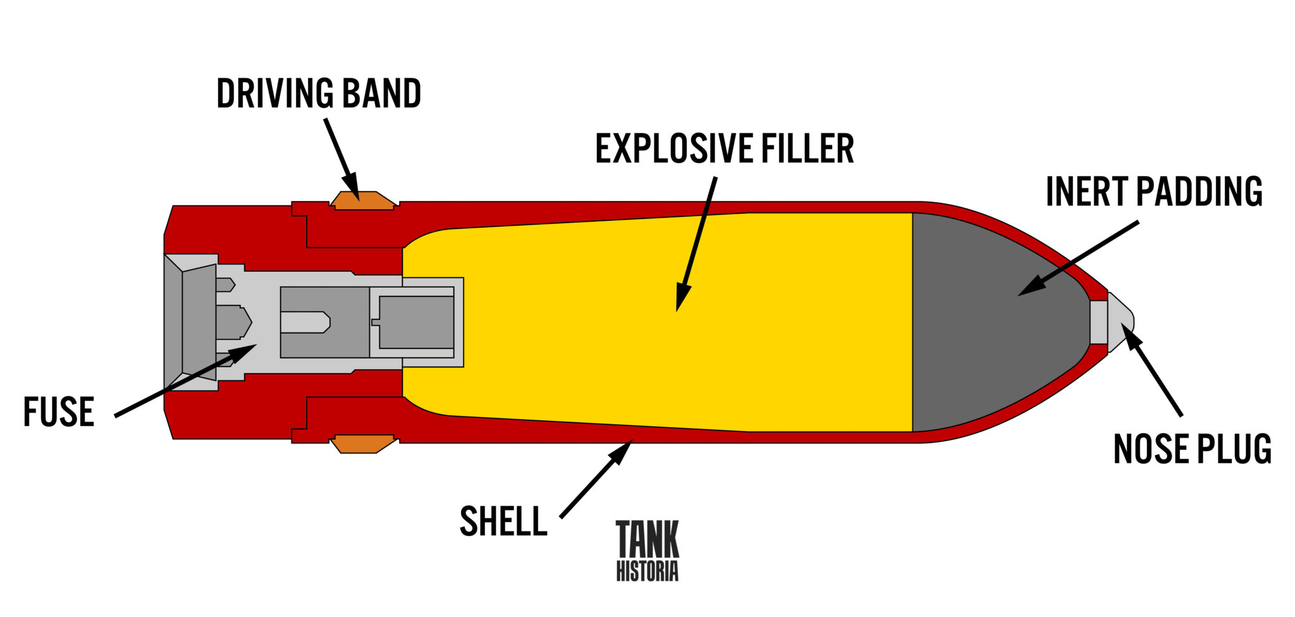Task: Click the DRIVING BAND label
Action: point(319,94)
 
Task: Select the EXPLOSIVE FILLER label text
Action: point(725,149)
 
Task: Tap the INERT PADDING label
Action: point(1154,192)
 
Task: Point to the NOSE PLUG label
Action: point(1192,449)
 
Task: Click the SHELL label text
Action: point(503,522)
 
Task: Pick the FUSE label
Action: point(59,412)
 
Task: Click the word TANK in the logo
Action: point(647,539)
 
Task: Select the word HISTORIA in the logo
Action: point(647,571)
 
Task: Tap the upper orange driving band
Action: point(363,200)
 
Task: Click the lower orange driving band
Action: point(363,444)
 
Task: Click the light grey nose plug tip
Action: point(1119,322)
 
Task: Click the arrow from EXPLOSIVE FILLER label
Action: point(697,243)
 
